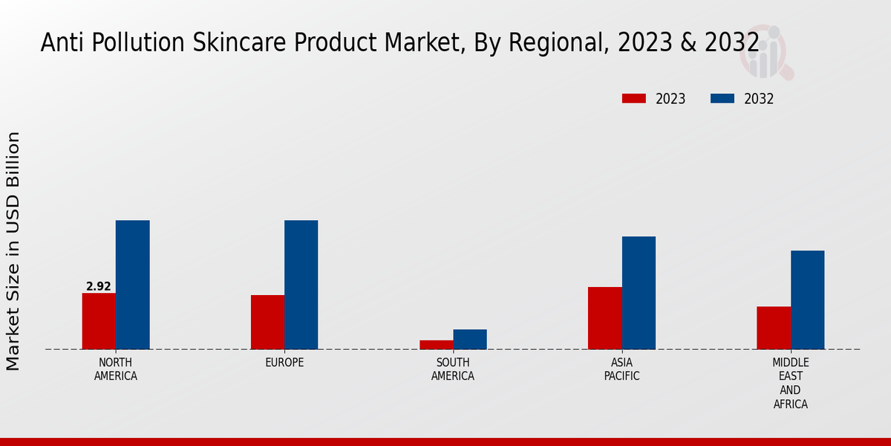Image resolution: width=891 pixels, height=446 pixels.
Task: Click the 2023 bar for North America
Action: [99, 321]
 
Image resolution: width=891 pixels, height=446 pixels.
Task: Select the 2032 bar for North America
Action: [132, 285]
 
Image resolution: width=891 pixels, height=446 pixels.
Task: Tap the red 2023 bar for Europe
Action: [267, 322]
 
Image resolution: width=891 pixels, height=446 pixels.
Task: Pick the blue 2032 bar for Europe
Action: [301, 285]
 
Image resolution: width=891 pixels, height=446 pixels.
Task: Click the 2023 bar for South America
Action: [436, 345]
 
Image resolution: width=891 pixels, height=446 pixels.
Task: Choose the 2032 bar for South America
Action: [470, 339]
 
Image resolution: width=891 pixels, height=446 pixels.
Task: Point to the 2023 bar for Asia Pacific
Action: [604, 318]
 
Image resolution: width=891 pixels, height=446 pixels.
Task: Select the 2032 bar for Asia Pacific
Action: [639, 293]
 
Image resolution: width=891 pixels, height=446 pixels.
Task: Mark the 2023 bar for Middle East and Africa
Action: [773, 328]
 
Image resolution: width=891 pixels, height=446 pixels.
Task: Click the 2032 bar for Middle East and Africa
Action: [807, 300]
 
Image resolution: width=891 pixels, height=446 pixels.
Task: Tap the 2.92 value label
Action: [99, 286]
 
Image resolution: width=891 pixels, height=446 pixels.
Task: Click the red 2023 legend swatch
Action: [633, 99]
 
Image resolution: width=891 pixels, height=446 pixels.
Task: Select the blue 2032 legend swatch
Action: [722, 99]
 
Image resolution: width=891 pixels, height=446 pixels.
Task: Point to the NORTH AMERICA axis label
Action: [116, 369]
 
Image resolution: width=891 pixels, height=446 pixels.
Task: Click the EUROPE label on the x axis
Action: [284, 363]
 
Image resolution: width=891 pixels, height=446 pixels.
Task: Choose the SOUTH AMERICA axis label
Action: [453, 369]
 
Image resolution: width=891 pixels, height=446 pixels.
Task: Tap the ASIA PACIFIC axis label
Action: [621, 369]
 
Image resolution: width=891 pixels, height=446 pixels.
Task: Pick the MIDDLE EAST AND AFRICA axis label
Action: [790, 384]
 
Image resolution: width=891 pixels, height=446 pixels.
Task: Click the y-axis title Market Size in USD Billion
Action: [13, 251]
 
